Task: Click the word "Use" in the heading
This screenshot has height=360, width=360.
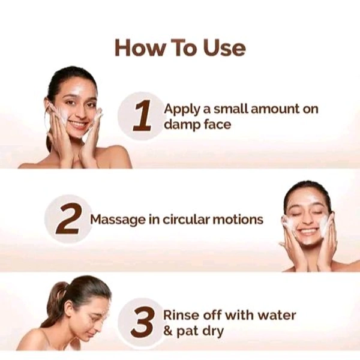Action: pos(224,48)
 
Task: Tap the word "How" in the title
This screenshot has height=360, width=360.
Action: pos(140,48)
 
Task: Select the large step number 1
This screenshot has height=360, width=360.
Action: pos(142,116)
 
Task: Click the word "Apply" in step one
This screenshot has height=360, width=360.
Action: pos(182,110)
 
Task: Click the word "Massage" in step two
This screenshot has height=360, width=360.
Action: pos(118,220)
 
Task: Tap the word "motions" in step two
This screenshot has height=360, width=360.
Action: pos(238,220)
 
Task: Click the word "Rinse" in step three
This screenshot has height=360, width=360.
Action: pos(181,316)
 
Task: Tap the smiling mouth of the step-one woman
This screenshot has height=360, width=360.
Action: pos(77,125)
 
